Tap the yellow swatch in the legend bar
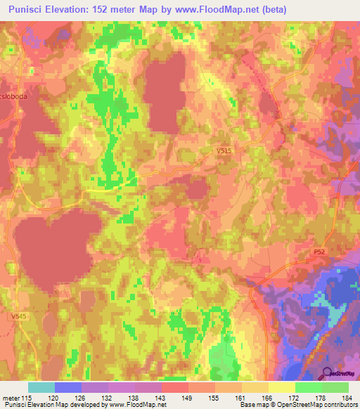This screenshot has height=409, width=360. [x=281, y=387]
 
